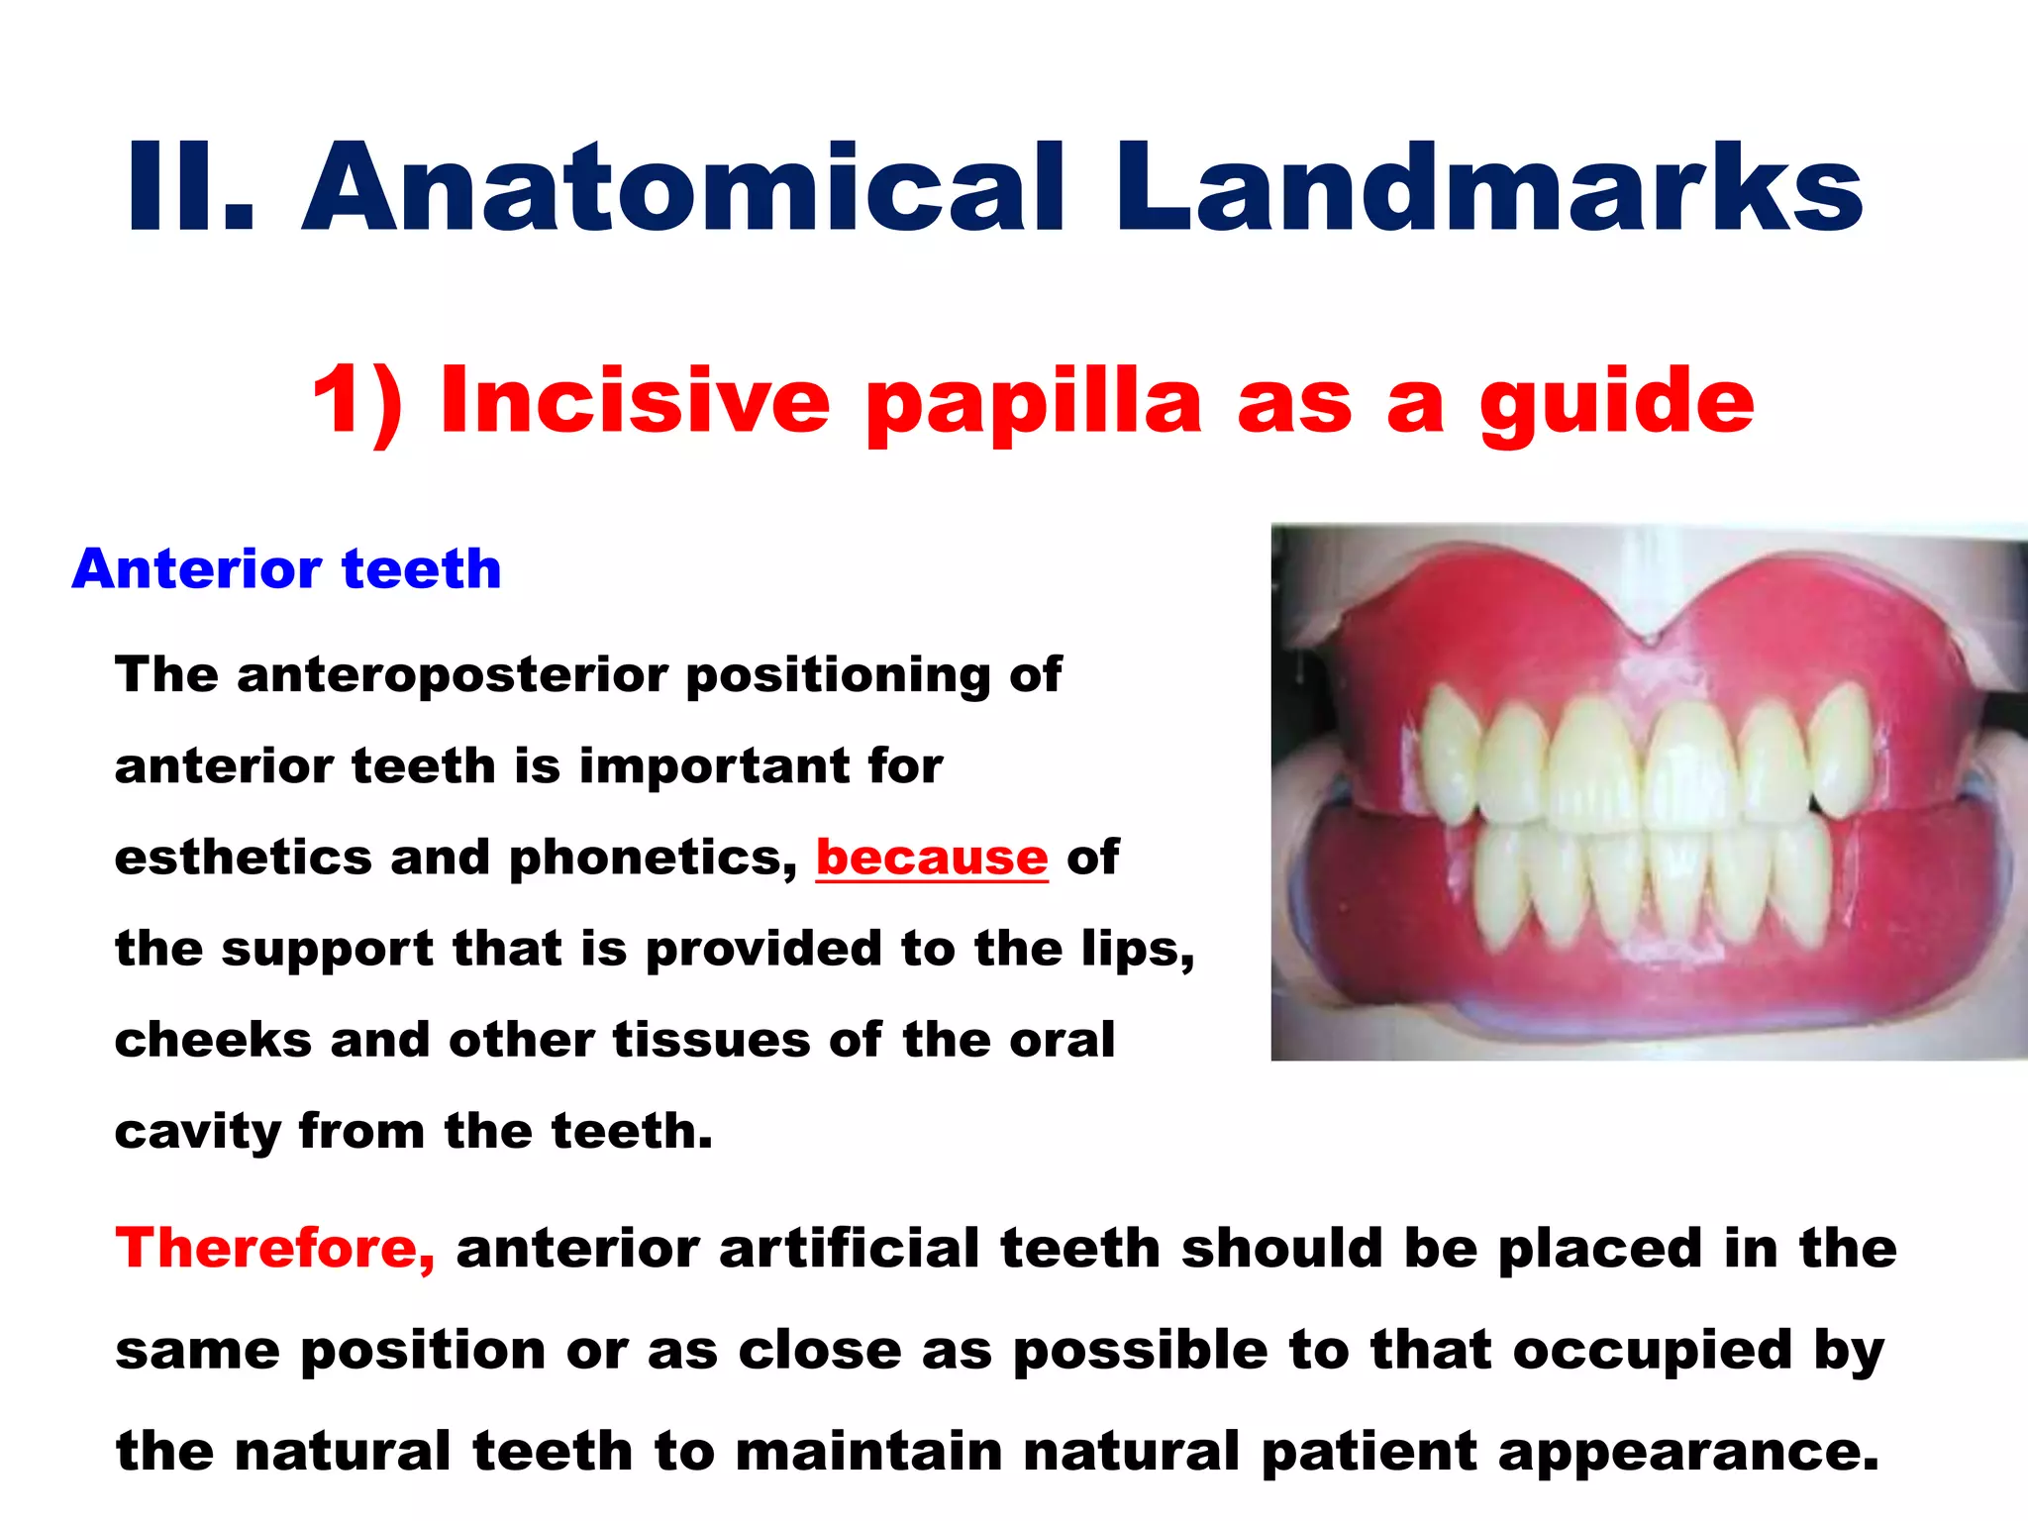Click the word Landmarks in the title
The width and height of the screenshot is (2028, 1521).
[1490, 188]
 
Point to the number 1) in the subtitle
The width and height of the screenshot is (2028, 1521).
[357, 401]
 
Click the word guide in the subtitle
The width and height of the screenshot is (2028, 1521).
[1616, 401]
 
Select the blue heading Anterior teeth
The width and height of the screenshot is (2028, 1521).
[286, 569]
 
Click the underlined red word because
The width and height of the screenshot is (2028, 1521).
[931, 858]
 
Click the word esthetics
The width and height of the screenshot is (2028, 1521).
[244, 858]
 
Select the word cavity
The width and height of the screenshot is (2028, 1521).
[197, 1132]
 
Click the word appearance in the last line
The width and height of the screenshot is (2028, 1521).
[1687, 1452]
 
